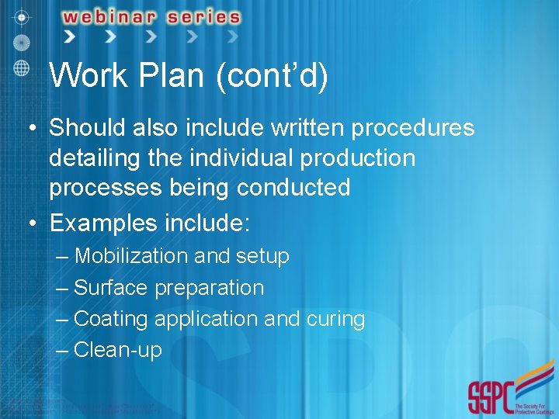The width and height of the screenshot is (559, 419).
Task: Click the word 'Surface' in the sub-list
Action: point(110,288)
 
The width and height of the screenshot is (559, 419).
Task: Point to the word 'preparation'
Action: point(209,288)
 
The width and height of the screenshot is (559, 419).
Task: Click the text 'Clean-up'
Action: point(118,350)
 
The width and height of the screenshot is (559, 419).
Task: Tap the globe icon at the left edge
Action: point(22,66)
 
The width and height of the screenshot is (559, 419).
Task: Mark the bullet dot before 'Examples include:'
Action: point(32,224)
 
